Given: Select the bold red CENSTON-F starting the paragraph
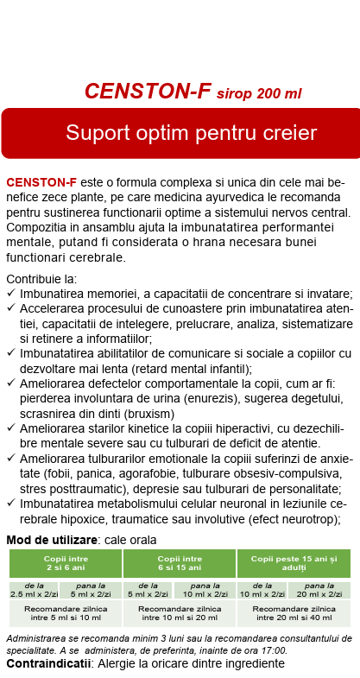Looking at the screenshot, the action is click(41, 183).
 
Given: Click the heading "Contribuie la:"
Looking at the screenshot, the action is click(41, 279).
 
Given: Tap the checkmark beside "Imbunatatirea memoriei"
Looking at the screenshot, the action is click(10, 293).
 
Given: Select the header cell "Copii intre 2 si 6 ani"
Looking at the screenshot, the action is click(65, 563).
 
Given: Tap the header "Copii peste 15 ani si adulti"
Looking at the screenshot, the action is click(294, 563).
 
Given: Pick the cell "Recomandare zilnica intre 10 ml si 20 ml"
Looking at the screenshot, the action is click(180, 614).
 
